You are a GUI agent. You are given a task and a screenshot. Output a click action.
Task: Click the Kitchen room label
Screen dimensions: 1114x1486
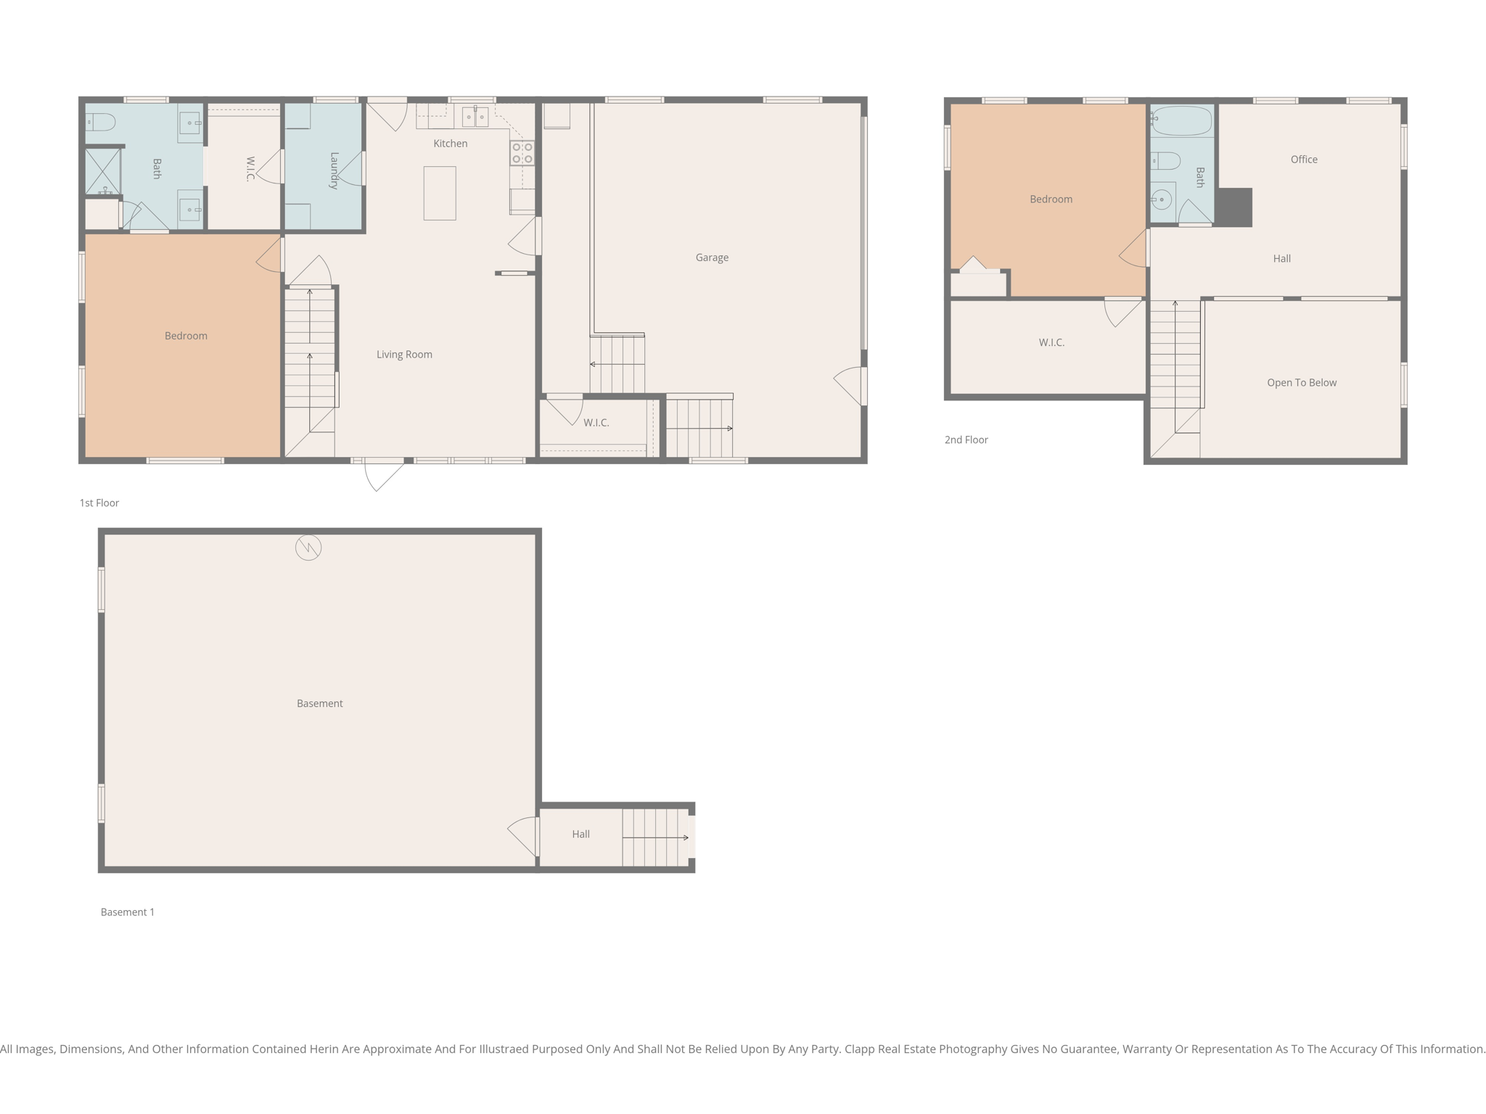coord(450,144)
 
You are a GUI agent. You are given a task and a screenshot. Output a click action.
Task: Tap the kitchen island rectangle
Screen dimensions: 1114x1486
coord(440,193)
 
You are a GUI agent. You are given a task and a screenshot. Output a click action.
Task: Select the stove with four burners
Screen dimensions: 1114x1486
coord(522,153)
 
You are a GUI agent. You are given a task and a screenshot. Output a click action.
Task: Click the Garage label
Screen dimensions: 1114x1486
coord(711,257)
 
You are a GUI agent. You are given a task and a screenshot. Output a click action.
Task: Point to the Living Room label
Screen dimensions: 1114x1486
coord(404,355)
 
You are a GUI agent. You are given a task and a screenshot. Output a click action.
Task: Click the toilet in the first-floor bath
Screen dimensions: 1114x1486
coord(101,122)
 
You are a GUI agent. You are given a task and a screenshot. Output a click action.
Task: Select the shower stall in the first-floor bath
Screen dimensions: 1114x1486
coord(102,171)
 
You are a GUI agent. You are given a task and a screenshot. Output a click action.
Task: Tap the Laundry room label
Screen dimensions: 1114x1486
coord(334,170)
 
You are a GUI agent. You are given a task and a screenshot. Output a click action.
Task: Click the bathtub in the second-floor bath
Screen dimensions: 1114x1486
coord(1181,121)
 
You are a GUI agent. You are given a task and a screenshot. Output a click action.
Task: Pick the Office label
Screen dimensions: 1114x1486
coord(1303,160)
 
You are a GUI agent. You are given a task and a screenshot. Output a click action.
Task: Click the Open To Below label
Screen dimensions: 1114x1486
coord(1301,383)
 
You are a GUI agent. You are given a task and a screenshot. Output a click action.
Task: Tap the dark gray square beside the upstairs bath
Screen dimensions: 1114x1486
coord(1234,207)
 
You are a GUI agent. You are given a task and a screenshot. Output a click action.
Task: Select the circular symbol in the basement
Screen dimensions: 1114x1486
coord(308,548)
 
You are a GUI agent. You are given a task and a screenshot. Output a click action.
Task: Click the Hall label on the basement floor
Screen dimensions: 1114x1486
coord(580,834)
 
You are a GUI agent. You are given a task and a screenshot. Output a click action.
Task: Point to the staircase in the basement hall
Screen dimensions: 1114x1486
coord(654,838)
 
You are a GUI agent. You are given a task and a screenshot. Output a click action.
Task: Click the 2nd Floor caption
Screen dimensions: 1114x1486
coord(966,440)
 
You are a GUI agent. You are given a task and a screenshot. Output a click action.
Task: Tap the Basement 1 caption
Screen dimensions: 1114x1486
coord(127,912)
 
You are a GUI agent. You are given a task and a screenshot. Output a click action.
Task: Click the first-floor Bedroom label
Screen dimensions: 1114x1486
coord(186,336)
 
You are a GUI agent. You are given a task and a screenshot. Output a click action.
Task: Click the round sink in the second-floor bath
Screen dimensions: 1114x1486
coord(1162,199)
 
